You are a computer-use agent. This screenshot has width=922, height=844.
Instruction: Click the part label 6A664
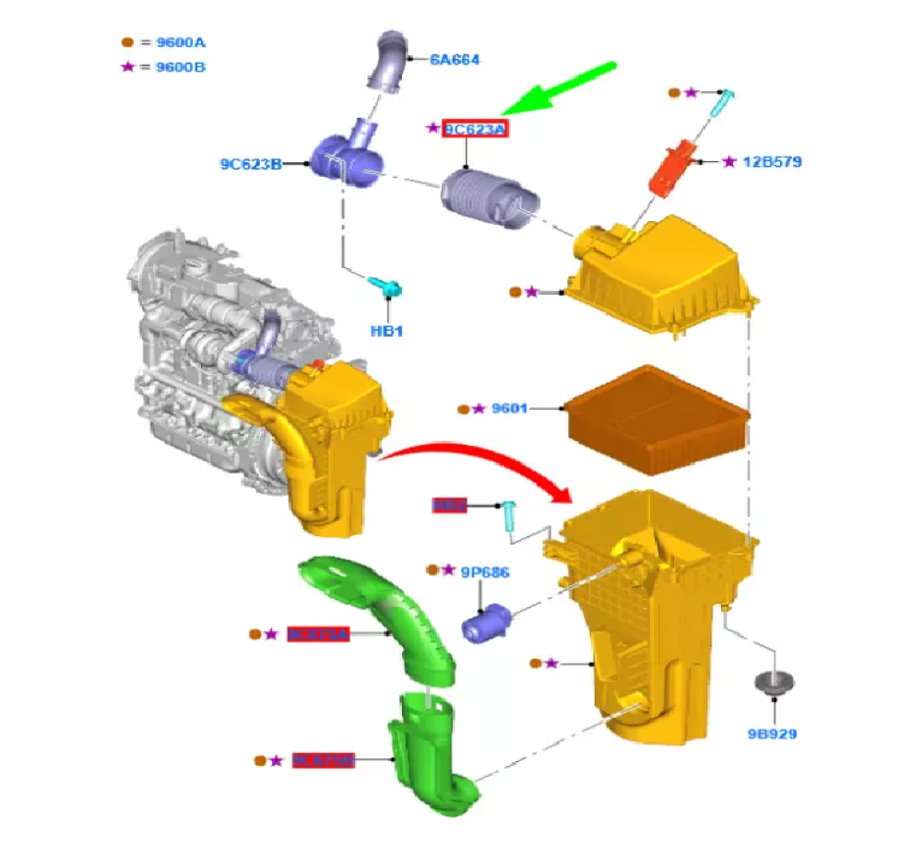pos(455,60)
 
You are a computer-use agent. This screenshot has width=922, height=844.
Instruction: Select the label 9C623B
pos(250,165)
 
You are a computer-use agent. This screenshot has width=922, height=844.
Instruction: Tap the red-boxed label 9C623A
pos(476,130)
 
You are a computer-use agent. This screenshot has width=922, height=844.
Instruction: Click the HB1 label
pos(387,331)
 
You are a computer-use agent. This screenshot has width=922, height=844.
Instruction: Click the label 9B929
pos(772,734)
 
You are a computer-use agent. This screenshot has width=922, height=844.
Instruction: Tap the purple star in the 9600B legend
pos(128,67)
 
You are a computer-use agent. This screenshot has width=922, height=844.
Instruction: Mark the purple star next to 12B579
pos(729,162)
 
